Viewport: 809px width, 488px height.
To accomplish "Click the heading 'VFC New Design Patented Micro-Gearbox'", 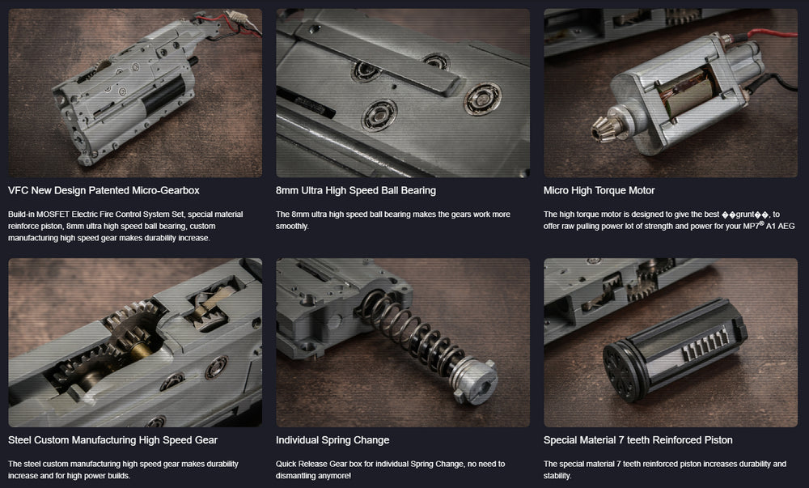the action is click(x=104, y=190).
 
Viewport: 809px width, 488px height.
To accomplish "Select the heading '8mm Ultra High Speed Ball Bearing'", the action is click(x=355, y=190).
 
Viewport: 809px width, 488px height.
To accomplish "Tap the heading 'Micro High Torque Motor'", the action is click(x=599, y=190).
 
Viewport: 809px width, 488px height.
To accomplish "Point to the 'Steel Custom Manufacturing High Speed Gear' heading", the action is click(x=112, y=440).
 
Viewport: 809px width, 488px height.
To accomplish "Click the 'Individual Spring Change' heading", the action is click(x=332, y=440).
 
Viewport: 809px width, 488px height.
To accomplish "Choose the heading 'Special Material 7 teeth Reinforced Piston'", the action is click(x=637, y=440).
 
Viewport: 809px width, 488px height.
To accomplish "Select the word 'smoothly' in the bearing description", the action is click(x=292, y=226).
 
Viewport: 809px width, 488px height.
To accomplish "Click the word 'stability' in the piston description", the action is click(x=557, y=476).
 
